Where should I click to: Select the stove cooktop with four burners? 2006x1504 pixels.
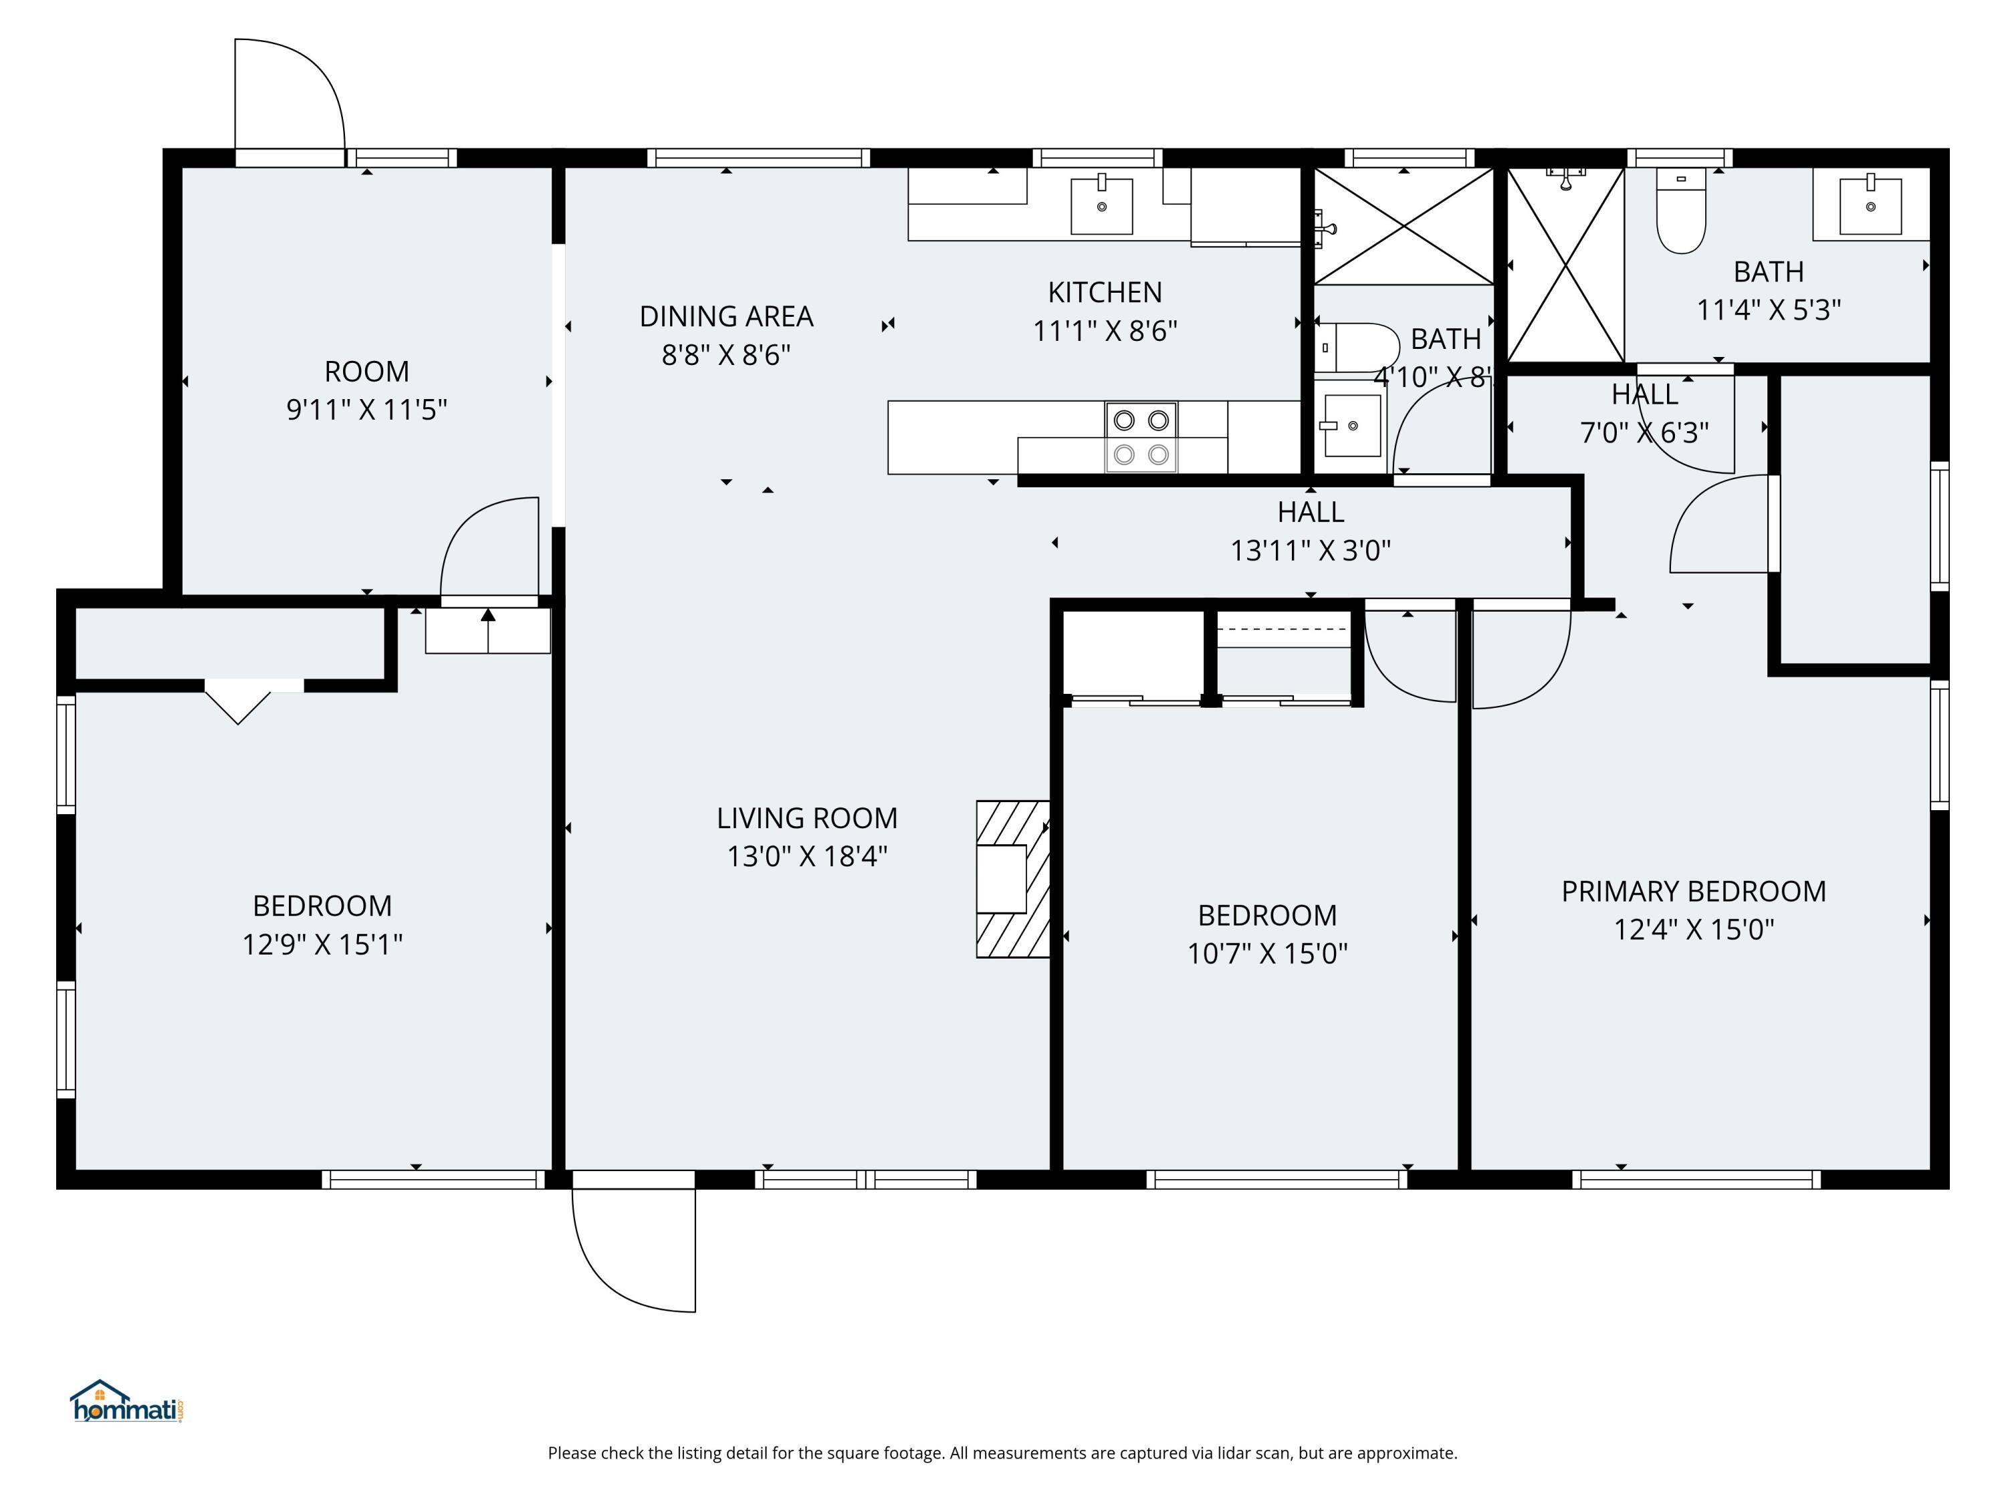(1141, 437)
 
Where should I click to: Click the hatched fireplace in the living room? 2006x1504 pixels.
(1012, 878)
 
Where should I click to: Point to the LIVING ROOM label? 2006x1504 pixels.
(806, 818)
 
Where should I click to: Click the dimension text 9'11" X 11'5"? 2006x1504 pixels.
(366, 410)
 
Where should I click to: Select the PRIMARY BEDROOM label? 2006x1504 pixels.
(1693, 891)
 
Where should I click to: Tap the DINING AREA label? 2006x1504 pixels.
(726, 316)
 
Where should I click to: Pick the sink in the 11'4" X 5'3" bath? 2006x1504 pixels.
(1870, 206)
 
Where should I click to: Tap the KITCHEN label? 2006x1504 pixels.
(1105, 292)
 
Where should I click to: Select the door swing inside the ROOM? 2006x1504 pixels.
(489, 549)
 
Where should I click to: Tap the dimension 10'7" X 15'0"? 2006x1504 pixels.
(1267, 954)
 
